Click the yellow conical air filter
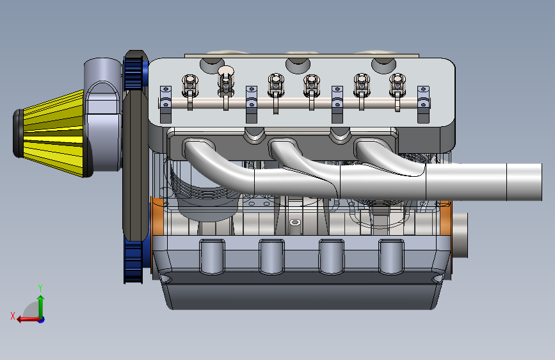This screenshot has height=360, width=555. [53, 133]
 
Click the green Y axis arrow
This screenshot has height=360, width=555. [41, 307]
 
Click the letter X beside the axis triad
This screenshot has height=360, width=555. [13, 316]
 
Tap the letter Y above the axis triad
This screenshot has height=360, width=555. [40, 288]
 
